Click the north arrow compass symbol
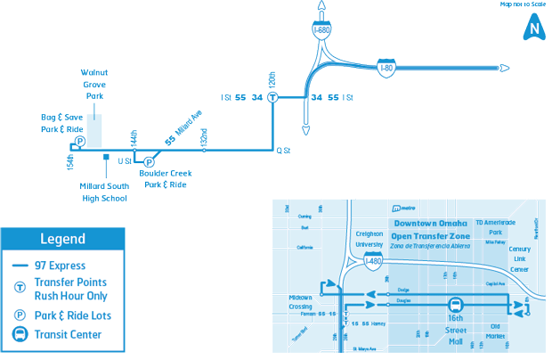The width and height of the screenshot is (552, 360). coord(533,28)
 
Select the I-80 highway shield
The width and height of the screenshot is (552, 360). coord(385,68)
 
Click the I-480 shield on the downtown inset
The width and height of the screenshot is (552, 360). coord(374,261)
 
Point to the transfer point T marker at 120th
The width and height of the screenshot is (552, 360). coord(273,97)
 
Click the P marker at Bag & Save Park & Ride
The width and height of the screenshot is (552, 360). coord(79,142)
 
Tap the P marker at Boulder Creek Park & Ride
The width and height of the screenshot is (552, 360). coord(149,161)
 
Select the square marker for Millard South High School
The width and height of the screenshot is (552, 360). coord(107,158)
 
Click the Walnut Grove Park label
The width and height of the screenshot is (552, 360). coord(93,83)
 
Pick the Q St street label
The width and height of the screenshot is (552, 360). coord(284,151)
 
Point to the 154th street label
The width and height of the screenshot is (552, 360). coord(69,162)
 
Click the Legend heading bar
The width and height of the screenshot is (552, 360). coord(62,239)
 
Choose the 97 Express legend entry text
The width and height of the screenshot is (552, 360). coord(61,266)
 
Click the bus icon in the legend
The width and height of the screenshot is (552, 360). coord(19,335)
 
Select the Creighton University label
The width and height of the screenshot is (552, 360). coord(369,238)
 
